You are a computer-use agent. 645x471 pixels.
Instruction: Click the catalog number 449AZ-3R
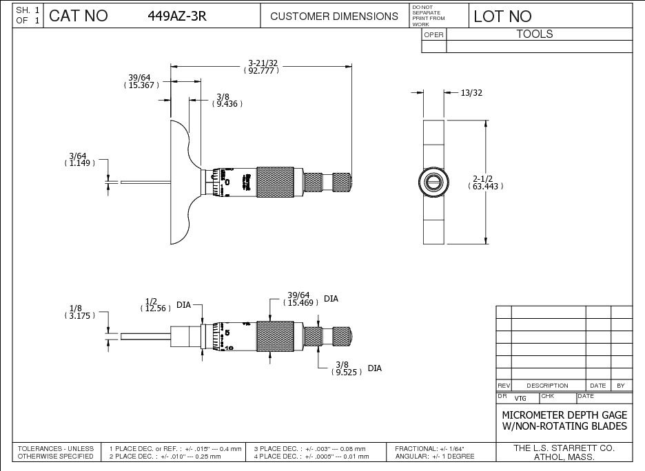pos(177,17)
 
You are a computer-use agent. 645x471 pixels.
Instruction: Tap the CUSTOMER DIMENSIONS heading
pos(334,17)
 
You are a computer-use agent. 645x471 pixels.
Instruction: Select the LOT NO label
pos(502,17)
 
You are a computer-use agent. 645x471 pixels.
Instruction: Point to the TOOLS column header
pos(535,34)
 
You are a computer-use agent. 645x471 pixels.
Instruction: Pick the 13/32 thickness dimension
pos(472,93)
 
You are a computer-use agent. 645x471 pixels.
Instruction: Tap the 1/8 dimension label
pos(76,308)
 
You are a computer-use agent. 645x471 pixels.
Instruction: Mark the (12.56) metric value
pos(156,309)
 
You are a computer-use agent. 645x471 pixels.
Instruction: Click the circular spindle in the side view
pos(433,182)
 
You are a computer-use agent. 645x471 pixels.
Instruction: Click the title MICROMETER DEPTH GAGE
pos(564,415)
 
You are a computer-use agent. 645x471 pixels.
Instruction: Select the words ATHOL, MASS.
pos(564,457)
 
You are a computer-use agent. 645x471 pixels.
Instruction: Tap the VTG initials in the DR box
pos(520,398)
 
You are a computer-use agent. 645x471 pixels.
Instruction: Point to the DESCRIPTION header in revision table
pos(548,386)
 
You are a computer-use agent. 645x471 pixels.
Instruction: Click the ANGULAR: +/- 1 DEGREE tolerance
pos(435,457)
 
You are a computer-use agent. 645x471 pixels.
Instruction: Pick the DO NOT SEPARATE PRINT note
pos(429,15)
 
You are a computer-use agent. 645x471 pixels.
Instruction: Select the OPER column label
pos(433,34)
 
